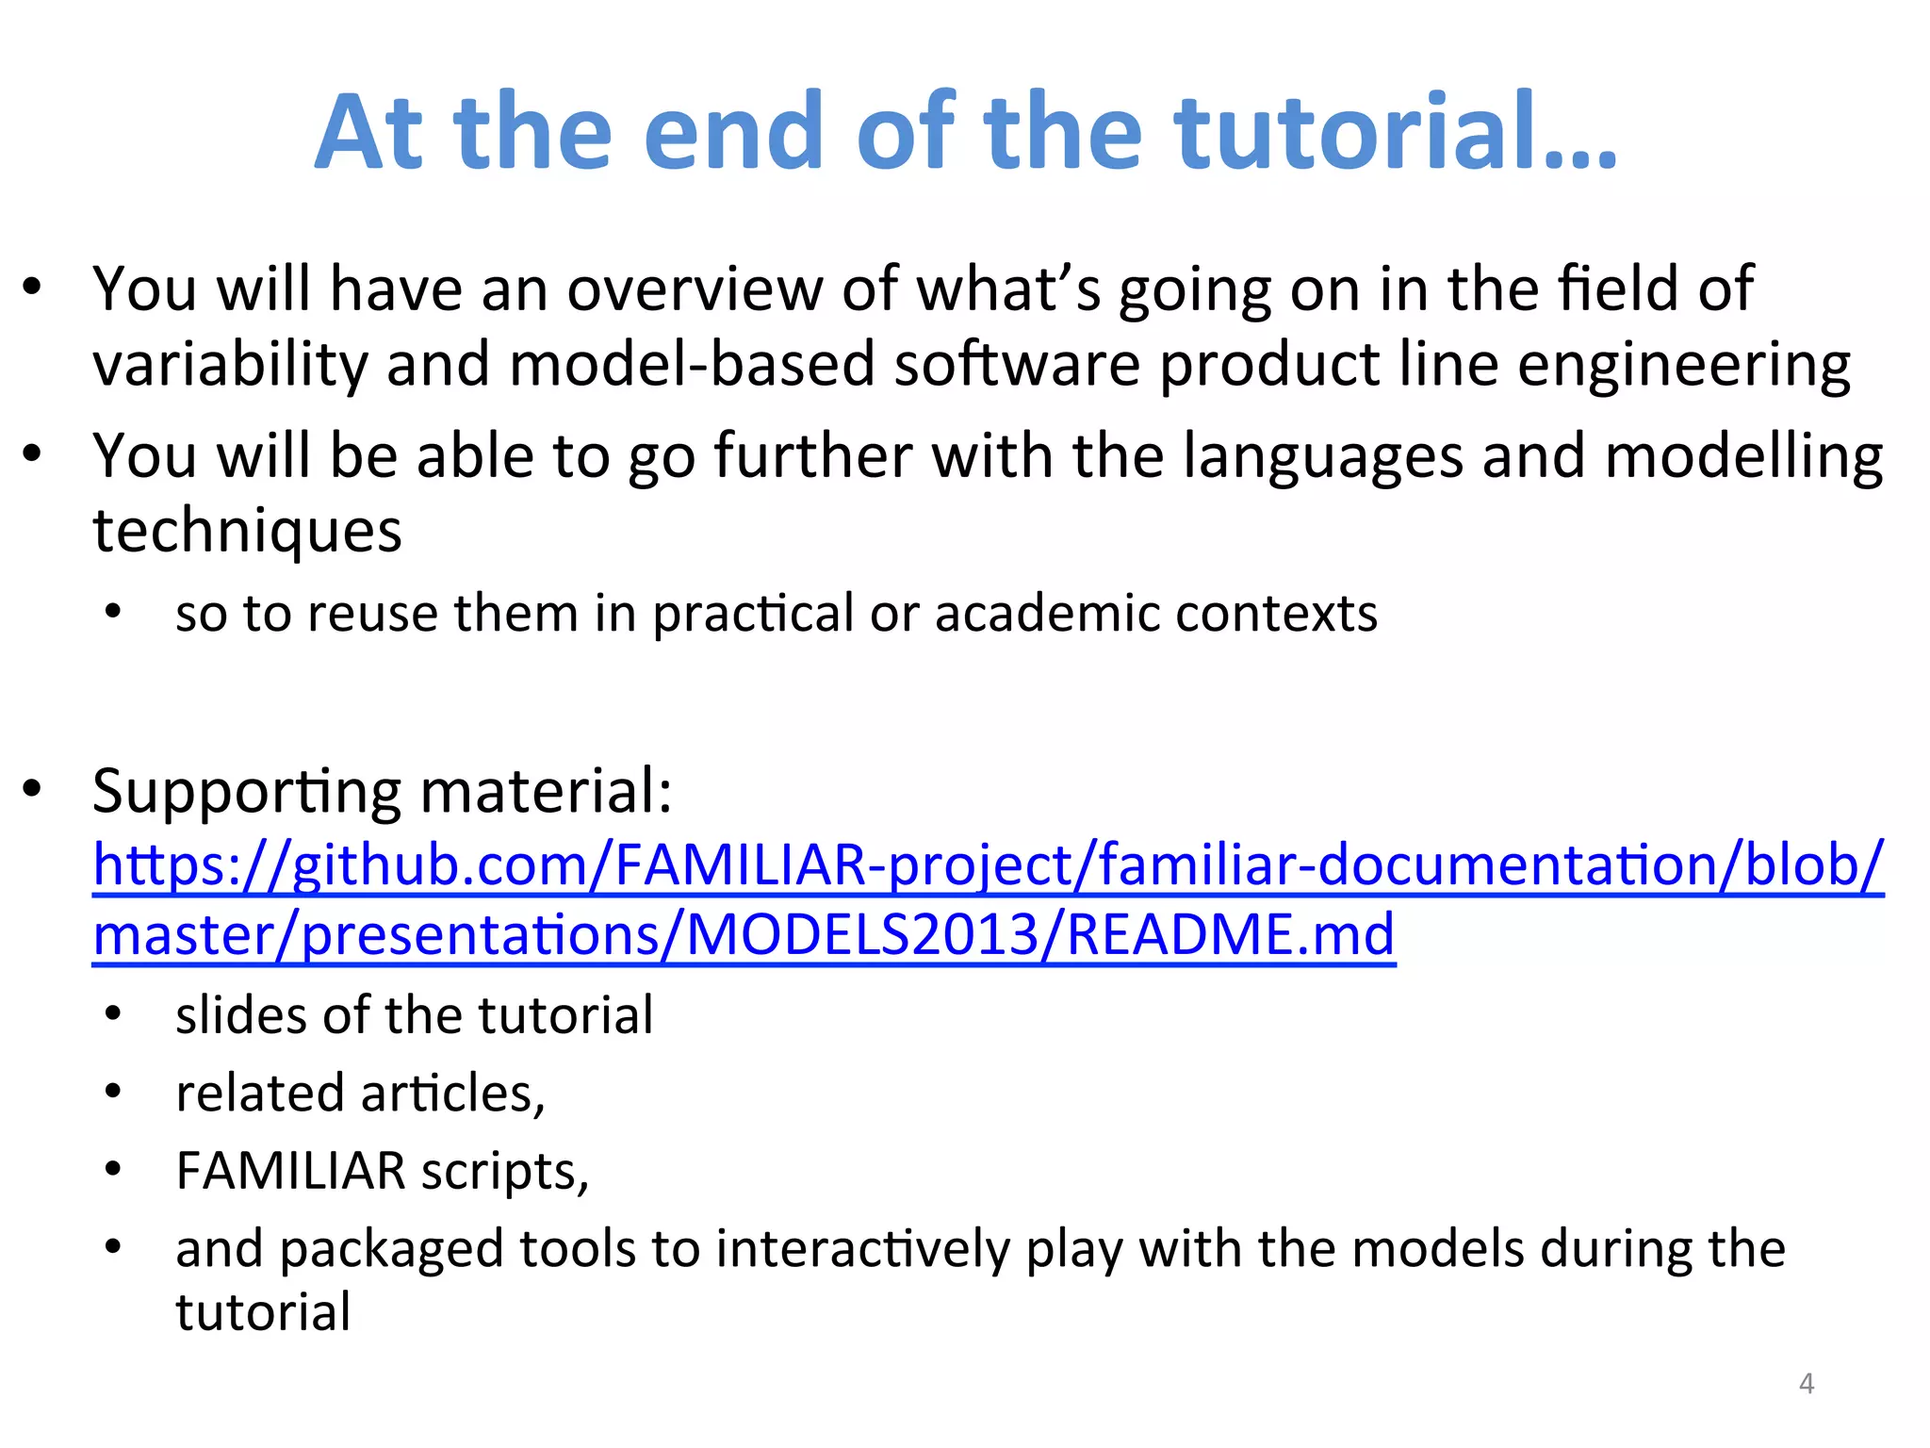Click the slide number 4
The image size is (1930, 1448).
(1806, 1383)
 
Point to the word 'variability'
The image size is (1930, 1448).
(230, 366)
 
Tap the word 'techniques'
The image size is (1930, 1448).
(247, 532)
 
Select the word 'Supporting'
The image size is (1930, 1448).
(247, 792)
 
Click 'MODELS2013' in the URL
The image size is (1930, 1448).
(861, 935)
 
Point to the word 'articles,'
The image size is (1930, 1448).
(452, 1094)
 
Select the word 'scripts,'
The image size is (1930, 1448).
(504, 1172)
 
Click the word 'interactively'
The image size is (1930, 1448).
(862, 1249)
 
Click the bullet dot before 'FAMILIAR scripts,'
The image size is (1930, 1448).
(113, 1170)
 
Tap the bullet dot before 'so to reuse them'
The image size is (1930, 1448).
(113, 613)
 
